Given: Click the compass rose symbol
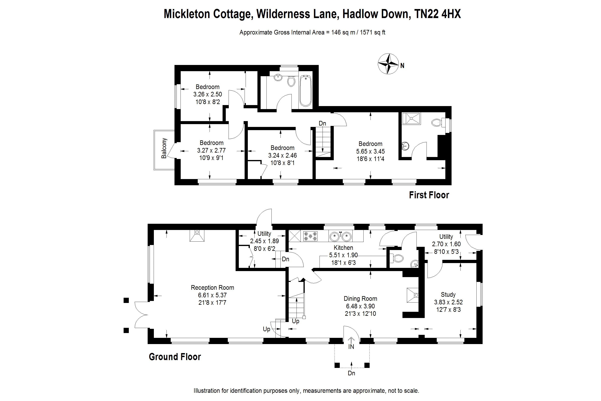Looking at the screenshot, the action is click(388, 64).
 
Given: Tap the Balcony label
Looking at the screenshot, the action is click(164, 148).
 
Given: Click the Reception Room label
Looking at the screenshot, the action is click(212, 288).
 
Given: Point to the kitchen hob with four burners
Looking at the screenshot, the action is click(310, 236).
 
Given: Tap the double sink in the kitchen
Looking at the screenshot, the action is click(341, 236).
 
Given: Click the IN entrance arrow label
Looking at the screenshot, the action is click(351, 346).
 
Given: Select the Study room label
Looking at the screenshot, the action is click(448, 294).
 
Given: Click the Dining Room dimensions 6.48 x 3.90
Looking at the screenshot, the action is click(360, 306).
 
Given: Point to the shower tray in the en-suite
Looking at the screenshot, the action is click(411, 118).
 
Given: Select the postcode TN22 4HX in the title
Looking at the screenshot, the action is click(438, 14).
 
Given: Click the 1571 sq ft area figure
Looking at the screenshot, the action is click(372, 32).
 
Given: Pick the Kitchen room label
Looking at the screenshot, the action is click(343, 248).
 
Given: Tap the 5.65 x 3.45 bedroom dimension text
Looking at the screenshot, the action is click(370, 151).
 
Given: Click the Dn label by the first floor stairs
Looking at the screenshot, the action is click(322, 123).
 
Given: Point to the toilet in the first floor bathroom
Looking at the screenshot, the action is click(291, 81).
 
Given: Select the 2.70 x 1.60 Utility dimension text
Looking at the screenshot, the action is click(446, 244).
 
